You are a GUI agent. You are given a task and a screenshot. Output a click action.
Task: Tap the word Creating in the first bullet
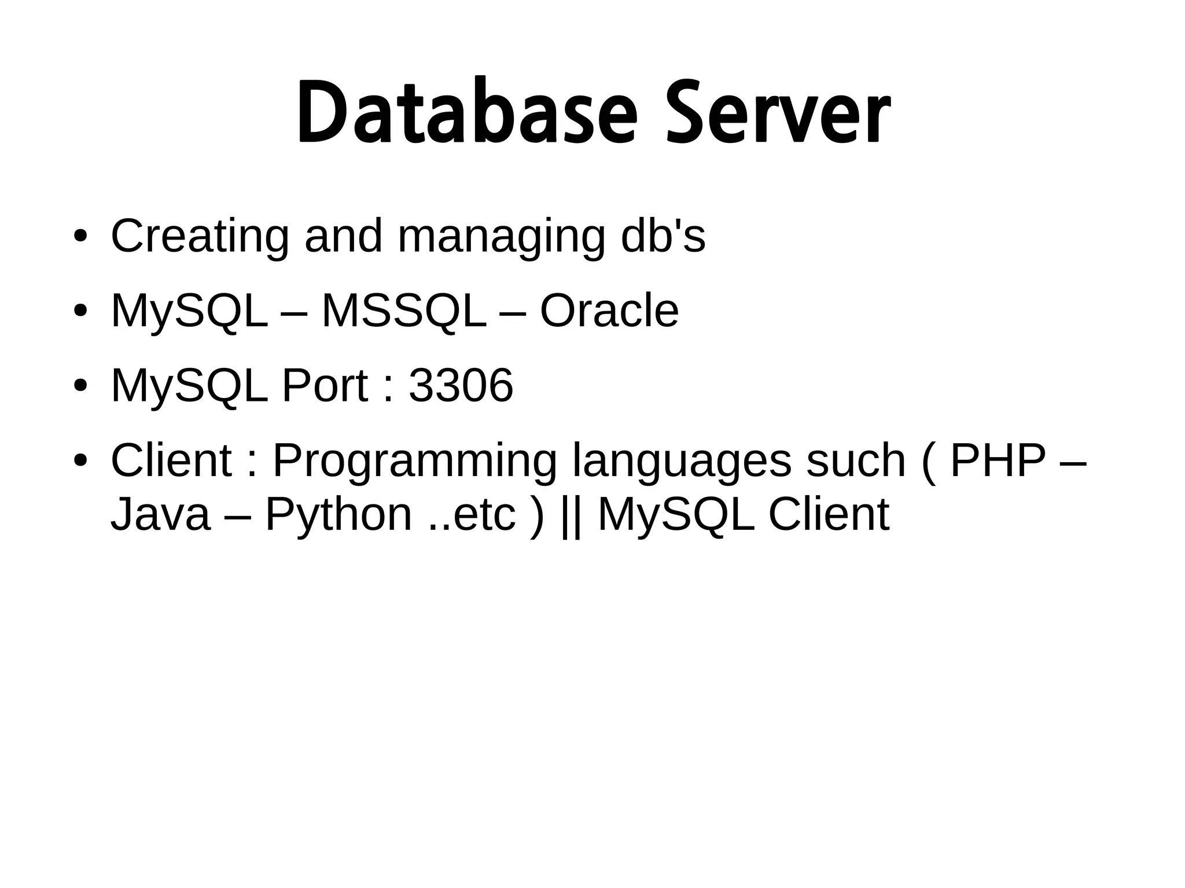tap(200, 237)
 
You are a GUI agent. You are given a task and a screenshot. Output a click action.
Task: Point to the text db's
tap(663, 237)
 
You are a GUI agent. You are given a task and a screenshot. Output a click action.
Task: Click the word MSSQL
tap(404, 311)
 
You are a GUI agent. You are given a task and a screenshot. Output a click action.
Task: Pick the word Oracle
tap(609, 311)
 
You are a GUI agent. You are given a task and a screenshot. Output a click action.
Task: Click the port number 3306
tap(461, 385)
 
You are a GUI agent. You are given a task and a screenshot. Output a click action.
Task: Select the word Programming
tap(414, 461)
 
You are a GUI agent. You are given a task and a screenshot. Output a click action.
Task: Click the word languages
tap(682, 461)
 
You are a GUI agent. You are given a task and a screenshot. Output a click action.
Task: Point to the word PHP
tap(998, 461)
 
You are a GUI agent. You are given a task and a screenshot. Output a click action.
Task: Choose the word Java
tap(160, 514)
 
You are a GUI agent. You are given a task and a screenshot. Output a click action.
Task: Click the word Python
tap(338, 514)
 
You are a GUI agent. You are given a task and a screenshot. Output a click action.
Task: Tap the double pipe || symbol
tap(571, 514)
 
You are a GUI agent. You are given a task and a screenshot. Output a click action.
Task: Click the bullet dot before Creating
tap(80, 237)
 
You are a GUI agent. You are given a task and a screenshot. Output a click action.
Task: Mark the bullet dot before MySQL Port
tap(80, 386)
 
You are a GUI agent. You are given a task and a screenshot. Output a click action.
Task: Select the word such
tap(855, 461)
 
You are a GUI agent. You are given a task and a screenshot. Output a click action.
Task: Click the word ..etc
tap(471, 514)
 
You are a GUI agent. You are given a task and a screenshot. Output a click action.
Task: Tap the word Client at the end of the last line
tap(829, 514)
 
